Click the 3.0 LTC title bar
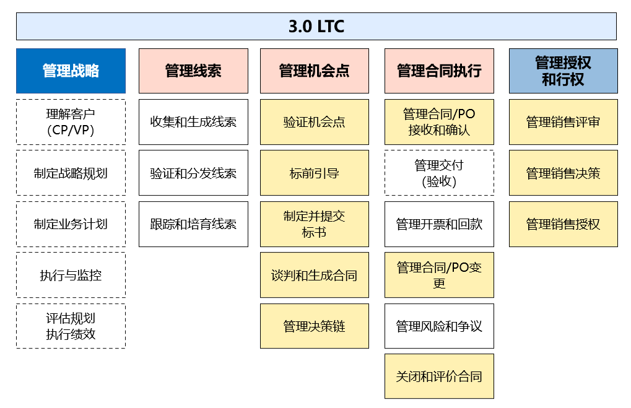[316, 27]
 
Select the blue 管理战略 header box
[71, 71]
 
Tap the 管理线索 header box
[193, 71]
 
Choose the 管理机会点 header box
[315, 71]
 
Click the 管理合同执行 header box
[439, 71]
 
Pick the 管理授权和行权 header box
[563, 71]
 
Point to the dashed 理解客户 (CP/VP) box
[71, 122]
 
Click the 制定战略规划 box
[71, 173]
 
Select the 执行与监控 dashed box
[71, 275]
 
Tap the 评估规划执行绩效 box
[71, 326]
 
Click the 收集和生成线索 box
[193, 122]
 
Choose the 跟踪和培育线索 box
[193, 224]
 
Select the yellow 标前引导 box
[315, 173]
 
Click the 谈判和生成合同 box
[315, 275]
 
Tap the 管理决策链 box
[315, 326]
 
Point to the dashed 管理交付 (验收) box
[439, 173]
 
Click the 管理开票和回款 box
[439, 224]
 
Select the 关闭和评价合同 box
[439, 376]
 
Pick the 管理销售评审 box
[563, 122]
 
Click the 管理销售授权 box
[563, 224]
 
